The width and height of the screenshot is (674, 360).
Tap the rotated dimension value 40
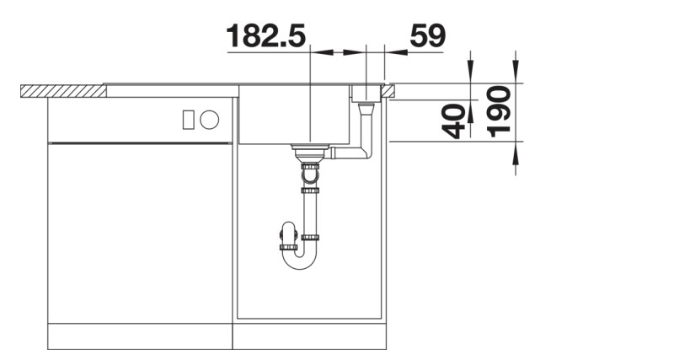456,121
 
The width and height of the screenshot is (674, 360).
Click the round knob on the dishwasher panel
210,120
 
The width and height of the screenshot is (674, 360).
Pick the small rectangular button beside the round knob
189,120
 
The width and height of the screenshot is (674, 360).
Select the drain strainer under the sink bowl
308,151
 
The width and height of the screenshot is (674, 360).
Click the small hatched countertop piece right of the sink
391,89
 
